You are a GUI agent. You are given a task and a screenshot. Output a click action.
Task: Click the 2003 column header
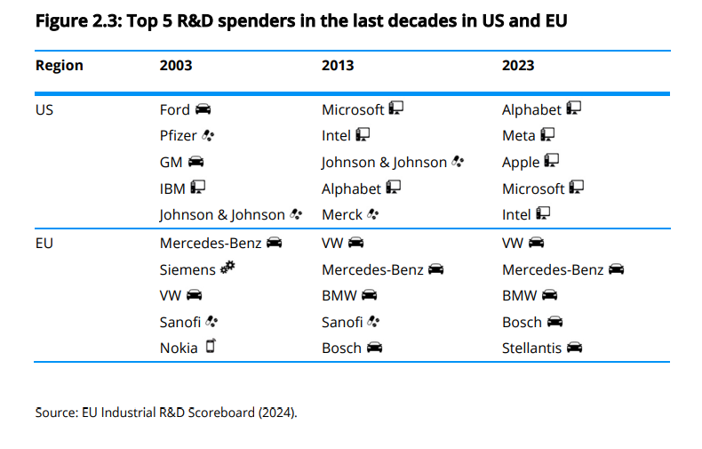(x=176, y=66)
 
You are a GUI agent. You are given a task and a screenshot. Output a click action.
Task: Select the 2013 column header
(x=338, y=66)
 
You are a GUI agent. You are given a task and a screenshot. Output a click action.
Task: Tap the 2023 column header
(x=518, y=66)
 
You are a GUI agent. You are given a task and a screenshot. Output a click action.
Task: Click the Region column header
(x=60, y=66)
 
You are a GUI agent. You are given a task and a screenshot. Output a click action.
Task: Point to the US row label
(x=44, y=109)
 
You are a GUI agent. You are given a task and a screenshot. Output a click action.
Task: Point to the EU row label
(x=44, y=243)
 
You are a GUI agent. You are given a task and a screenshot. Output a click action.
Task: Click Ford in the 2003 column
(x=175, y=109)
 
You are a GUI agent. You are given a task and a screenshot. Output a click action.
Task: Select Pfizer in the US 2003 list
(x=179, y=136)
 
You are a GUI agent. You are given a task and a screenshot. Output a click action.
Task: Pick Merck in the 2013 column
(x=342, y=214)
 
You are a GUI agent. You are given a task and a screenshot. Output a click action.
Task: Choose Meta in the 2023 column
(x=519, y=136)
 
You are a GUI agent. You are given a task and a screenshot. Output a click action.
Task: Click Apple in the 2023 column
(x=521, y=162)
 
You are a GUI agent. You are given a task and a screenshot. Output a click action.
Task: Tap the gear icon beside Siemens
(x=227, y=268)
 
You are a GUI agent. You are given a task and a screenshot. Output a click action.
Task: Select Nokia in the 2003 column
(x=179, y=348)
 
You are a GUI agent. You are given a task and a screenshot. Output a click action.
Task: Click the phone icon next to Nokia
(x=211, y=347)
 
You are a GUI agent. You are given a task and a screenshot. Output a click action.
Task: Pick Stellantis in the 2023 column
(x=531, y=348)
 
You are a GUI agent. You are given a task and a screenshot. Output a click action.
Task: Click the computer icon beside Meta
(x=548, y=135)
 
